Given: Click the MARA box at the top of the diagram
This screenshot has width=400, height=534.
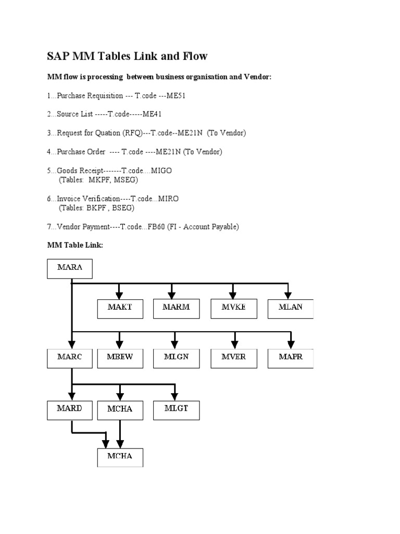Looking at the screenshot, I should [70, 269].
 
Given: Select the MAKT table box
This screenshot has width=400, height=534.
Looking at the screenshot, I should [120, 308].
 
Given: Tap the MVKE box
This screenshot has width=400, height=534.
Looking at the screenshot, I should [233, 308].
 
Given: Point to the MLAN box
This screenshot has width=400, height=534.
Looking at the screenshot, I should [290, 308].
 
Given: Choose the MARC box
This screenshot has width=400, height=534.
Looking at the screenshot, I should [69, 358].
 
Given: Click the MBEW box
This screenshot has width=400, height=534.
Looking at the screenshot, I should [120, 358].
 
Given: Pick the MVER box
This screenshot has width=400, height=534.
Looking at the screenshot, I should [233, 358].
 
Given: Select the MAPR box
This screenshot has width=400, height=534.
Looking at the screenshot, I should [290, 358].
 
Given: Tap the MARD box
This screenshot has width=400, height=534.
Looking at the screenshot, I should [69, 409].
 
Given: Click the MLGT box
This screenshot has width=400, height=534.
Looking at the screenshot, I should [176, 409].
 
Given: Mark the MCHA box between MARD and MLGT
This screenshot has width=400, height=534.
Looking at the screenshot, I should [120, 409].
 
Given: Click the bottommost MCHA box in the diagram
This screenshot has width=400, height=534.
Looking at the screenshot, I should [120, 457].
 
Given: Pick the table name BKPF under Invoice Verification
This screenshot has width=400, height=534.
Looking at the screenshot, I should [96, 208].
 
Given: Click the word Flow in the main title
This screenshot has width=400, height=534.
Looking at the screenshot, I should [193, 56].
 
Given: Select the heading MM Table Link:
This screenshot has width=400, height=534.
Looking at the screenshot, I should [76, 245].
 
